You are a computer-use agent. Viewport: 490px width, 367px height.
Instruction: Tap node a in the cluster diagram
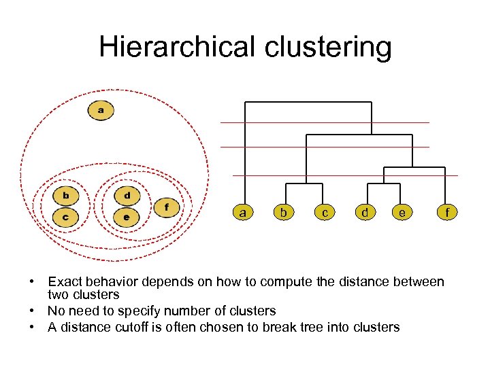click(x=101, y=109)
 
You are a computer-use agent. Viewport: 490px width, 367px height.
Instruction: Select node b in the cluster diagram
click(x=66, y=196)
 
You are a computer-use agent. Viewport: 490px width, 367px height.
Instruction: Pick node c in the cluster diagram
click(x=65, y=217)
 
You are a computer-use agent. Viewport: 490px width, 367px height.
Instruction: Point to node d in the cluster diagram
click(x=127, y=196)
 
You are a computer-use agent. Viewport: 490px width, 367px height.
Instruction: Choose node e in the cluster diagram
click(x=126, y=217)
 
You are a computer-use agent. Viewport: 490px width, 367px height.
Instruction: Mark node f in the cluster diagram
click(x=167, y=207)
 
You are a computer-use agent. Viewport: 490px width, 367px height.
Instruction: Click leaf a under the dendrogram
click(x=242, y=213)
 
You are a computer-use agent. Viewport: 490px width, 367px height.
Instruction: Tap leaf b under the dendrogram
click(x=283, y=213)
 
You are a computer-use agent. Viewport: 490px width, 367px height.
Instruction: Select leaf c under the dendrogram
click(x=325, y=213)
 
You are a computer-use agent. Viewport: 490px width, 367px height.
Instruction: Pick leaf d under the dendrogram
click(x=365, y=213)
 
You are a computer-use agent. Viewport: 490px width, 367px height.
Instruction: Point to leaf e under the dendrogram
click(x=403, y=213)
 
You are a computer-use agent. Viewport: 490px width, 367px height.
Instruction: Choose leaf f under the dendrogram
click(x=447, y=213)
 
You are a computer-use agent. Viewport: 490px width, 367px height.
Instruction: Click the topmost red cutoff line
click(x=325, y=122)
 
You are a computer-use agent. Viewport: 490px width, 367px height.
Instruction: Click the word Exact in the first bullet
click(x=66, y=281)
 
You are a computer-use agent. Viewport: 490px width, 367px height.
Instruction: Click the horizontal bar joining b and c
click(x=304, y=184)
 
